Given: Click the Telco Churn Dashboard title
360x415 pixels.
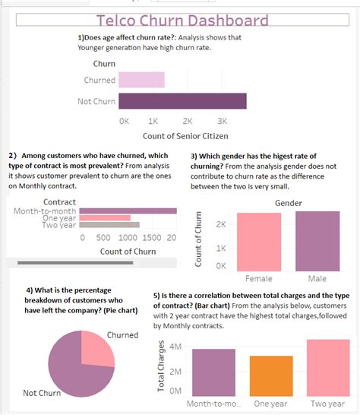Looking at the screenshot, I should [x=182, y=21].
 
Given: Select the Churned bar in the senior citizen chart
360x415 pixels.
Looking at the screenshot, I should [x=141, y=80].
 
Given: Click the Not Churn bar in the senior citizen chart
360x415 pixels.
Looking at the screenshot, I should [x=182, y=102].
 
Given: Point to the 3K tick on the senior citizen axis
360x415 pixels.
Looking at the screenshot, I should [x=222, y=121].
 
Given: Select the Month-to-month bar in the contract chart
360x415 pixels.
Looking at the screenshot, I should [x=128, y=211].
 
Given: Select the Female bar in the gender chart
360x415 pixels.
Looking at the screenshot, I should [x=259, y=241].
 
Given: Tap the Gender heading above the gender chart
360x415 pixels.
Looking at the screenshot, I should [x=288, y=203].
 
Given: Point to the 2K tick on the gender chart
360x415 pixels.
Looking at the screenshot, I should [x=221, y=225].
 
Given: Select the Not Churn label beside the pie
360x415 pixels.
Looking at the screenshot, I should [x=43, y=393].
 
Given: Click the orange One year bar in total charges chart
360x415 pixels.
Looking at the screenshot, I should [x=271, y=375].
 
